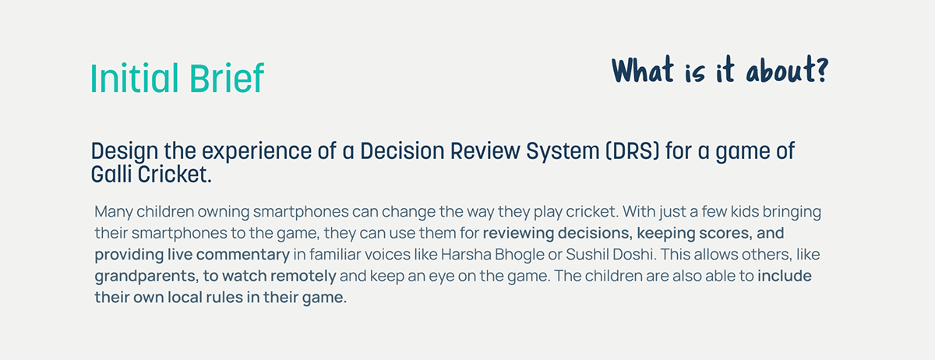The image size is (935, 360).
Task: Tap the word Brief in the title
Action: coord(227,78)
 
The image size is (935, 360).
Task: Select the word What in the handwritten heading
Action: coord(643,69)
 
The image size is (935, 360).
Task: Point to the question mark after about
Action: coord(822,69)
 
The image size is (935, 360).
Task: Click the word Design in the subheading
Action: coord(125,152)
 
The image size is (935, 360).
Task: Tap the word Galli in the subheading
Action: coord(111,174)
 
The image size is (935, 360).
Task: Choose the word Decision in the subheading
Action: coord(402,150)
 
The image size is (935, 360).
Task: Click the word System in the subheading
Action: coord(563,152)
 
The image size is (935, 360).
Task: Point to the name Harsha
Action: coord(466,254)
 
